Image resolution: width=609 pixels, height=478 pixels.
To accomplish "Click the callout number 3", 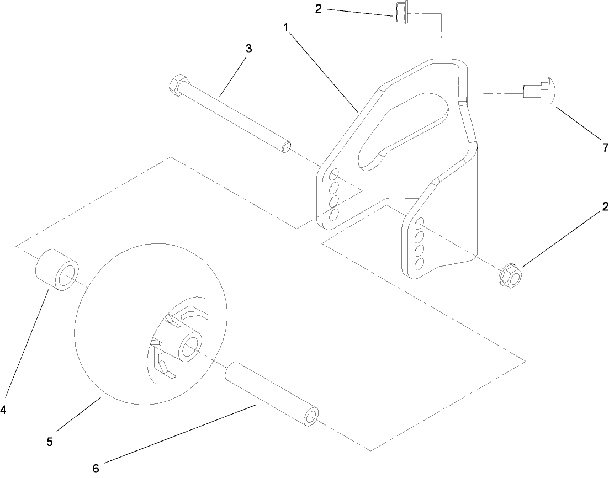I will coord(248,49).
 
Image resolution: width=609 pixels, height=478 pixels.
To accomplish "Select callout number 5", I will coord(50,442).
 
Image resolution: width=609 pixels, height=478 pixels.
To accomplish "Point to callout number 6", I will coord(96,469).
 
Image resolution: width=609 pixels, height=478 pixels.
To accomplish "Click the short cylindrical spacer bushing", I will coord(57,269).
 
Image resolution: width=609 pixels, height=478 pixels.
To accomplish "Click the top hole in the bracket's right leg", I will coord(420,224).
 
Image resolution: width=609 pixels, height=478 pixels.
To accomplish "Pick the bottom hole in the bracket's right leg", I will coord(420,263).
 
